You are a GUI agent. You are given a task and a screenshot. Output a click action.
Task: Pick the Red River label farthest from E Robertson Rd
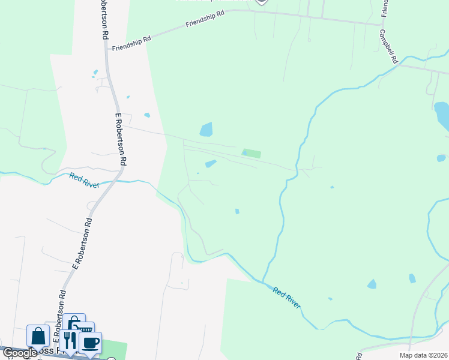tap(286, 297)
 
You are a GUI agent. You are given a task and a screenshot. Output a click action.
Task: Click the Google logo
tap(20, 353)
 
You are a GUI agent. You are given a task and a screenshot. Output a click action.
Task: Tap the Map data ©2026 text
tap(423, 355)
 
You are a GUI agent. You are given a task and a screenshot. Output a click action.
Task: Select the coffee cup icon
tap(91, 343)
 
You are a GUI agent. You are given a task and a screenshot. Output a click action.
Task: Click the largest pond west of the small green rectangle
tap(206, 129)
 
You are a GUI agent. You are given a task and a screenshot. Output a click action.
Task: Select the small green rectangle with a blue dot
tap(252, 154)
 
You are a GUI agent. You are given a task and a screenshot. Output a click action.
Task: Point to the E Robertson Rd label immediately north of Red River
tap(121, 139)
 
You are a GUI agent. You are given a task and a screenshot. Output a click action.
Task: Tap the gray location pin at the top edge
tap(261, 2)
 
